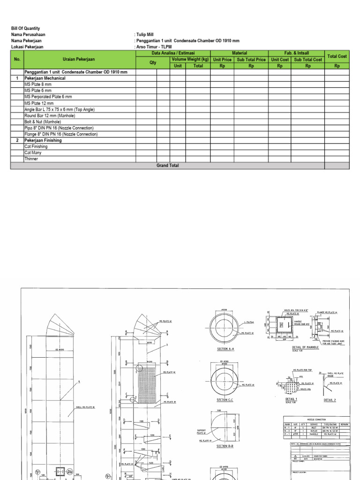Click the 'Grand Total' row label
[x=167, y=165]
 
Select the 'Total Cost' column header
[x=337, y=56]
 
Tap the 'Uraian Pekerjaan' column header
[x=80, y=60]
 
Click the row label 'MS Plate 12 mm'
[x=39, y=103]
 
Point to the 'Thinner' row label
[x=32, y=159]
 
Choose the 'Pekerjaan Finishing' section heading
[x=43, y=140]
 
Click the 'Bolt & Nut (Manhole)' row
[x=43, y=122]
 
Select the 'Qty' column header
[x=153, y=62]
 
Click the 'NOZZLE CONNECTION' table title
[x=316, y=420]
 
